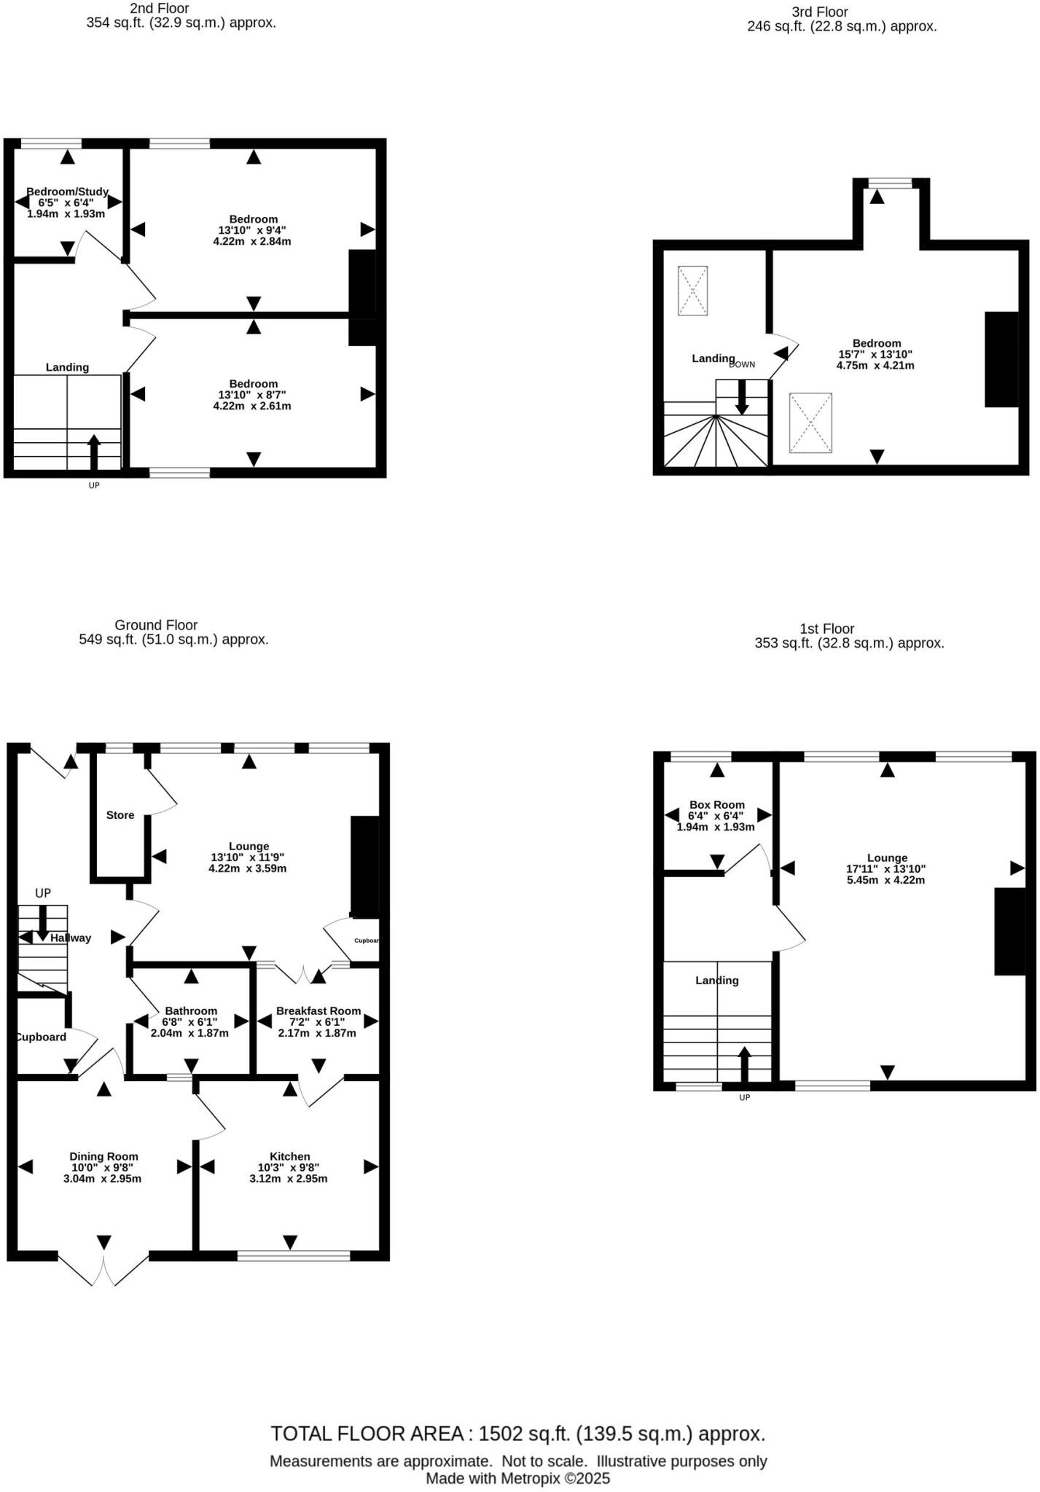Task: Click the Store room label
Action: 120,815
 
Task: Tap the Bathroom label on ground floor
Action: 191,1010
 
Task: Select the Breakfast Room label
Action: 318,1010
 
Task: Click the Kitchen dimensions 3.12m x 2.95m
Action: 289,1178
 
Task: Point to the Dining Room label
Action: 103,1156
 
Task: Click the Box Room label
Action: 717,805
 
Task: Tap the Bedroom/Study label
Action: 67,192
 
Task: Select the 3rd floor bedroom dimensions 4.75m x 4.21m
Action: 877,365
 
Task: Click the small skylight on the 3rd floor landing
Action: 692,291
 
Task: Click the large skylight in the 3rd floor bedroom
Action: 810,423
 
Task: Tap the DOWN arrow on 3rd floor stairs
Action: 742,398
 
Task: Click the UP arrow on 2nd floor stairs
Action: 94,452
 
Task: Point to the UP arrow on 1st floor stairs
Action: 744,1064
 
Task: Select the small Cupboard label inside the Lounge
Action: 366,941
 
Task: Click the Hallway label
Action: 71,938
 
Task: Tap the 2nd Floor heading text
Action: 159,9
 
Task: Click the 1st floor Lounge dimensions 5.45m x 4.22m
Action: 887,879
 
